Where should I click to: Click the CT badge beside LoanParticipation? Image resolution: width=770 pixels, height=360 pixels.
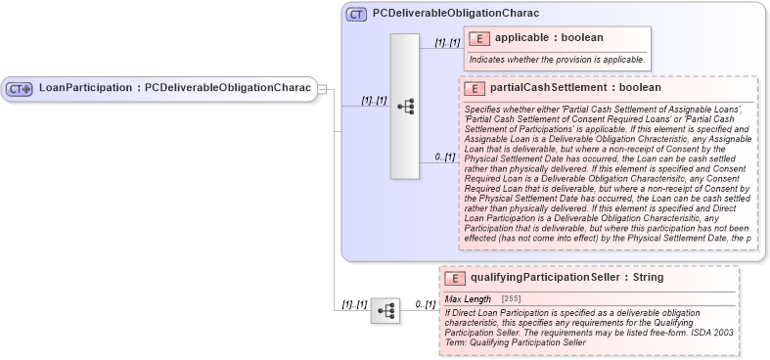(20, 88)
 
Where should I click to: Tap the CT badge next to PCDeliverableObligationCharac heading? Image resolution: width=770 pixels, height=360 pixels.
(357, 15)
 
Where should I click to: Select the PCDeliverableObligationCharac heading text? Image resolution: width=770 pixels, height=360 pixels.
(456, 15)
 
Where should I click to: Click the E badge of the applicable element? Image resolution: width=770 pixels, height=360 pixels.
(479, 38)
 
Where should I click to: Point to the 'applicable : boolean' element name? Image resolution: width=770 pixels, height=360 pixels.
(549, 38)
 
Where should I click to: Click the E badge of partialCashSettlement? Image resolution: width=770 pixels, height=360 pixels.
(475, 87)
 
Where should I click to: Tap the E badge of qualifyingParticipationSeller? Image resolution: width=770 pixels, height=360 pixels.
(455, 278)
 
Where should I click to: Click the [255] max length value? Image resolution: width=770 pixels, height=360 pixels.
(511, 298)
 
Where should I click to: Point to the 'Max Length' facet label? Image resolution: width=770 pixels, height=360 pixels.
(469, 298)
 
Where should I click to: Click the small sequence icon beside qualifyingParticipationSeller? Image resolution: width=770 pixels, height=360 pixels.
(385, 311)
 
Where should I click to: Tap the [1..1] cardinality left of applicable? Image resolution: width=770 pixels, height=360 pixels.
(447, 42)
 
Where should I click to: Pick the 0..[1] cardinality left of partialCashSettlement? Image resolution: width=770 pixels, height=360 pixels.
(445, 157)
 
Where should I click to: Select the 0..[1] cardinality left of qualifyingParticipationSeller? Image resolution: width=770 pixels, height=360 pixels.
(425, 304)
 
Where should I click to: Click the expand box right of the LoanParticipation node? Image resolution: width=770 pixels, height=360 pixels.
(322, 89)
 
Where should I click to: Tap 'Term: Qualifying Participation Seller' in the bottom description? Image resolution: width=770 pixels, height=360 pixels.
(515, 342)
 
